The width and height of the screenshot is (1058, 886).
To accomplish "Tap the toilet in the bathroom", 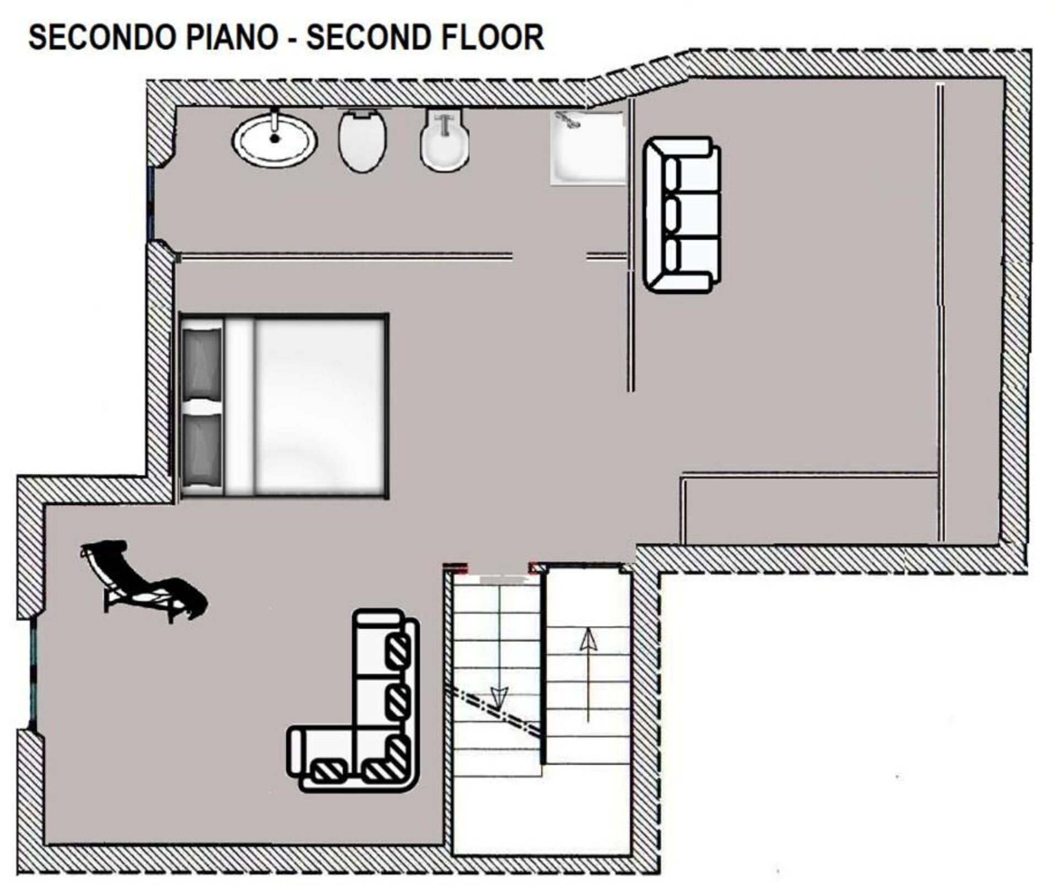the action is (362, 141).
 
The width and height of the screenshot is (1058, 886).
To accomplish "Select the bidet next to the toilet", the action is (445, 141).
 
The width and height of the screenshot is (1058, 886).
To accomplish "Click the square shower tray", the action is (589, 148).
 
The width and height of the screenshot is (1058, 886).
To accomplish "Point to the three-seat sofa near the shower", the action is (682, 215).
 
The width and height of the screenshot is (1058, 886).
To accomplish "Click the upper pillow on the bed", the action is (202, 362).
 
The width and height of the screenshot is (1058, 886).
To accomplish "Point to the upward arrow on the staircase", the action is (589, 676).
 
